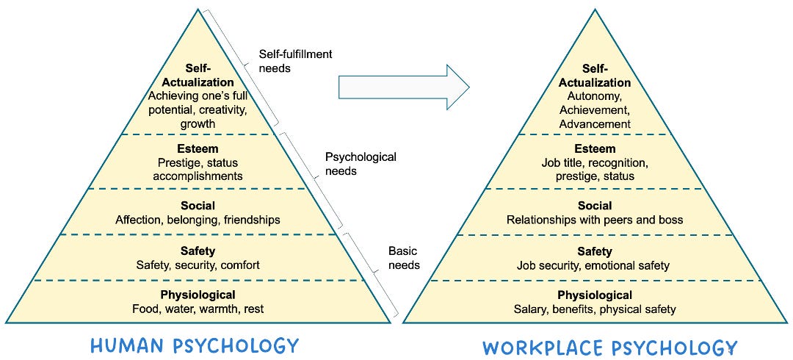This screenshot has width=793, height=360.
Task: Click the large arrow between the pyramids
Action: [402, 87]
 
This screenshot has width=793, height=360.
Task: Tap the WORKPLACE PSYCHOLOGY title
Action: [609, 347]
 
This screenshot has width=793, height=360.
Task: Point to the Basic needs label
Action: [403, 258]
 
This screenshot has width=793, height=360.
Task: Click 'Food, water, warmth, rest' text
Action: [198, 309]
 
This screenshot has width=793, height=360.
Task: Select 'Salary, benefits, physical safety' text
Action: [595, 309]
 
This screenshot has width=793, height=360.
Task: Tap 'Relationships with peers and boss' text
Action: [595, 220]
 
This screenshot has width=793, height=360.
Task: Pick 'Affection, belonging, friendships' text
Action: [198, 220]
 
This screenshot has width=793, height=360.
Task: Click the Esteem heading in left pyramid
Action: [198, 148]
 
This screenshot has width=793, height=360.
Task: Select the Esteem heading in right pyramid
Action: [595, 148]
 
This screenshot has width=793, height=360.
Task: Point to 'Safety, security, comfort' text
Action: [198, 265]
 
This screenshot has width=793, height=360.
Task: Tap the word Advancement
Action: [595, 124]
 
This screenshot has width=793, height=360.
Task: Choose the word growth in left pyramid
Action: [198, 124]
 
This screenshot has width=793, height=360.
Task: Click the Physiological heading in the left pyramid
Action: [198, 295]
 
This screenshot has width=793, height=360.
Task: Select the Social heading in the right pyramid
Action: [595, 206]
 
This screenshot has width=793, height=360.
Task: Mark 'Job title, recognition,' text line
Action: [595, 162]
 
